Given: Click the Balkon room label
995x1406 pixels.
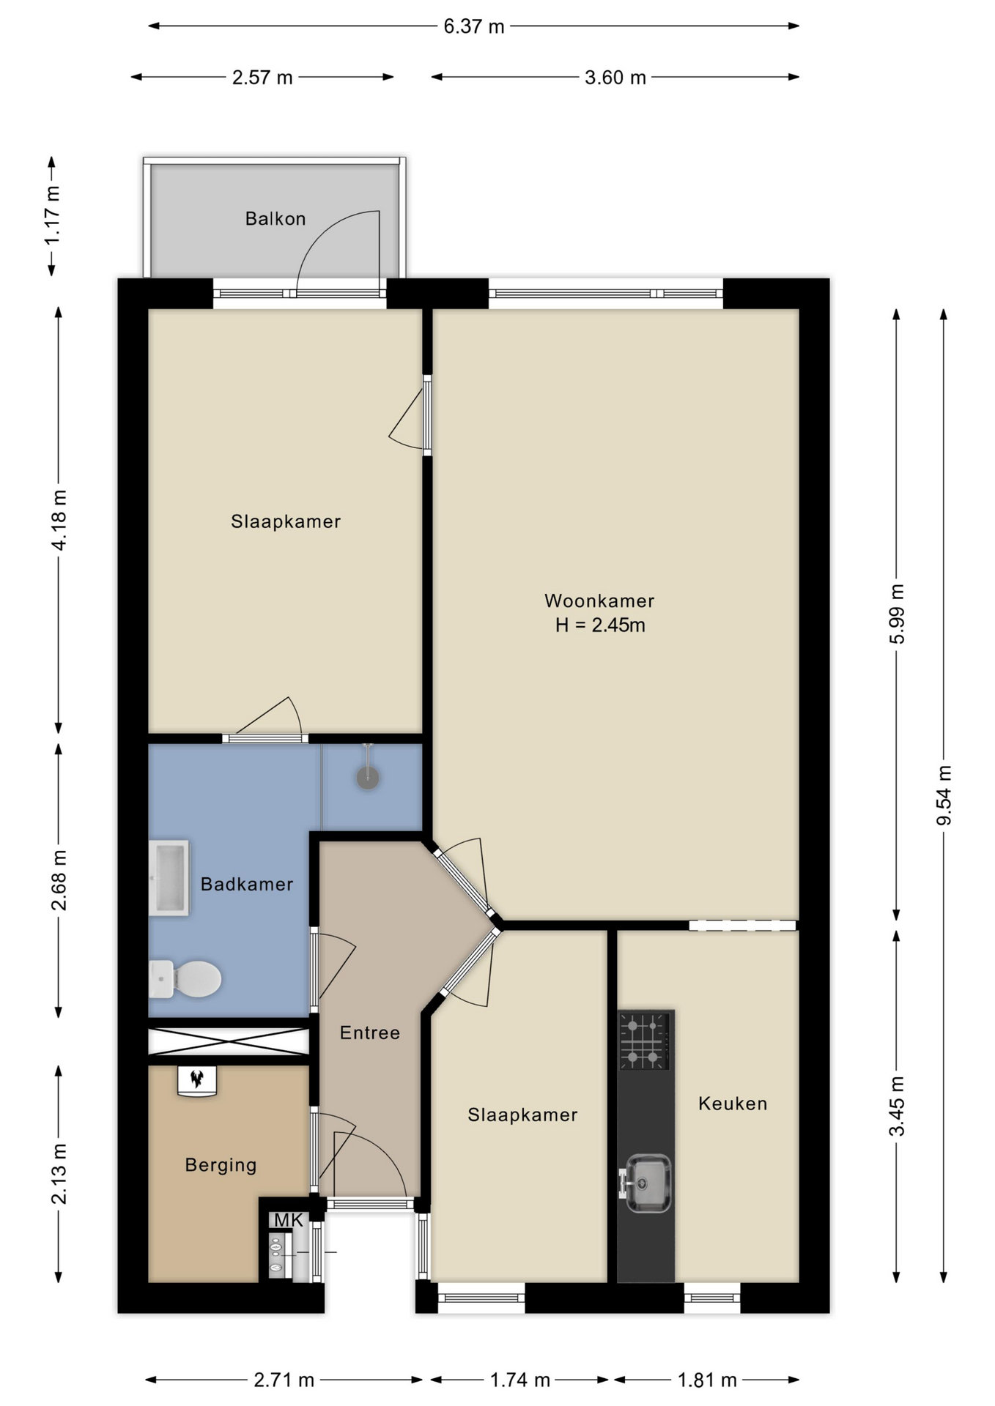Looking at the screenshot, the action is pyautogui.click(x=275, y=218).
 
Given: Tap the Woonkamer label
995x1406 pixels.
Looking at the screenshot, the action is pyautogui.click(x=599, y=600).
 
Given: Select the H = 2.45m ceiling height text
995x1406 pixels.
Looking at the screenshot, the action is pyautogui.click(x=600, y=625).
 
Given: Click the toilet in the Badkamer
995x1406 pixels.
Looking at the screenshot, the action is pyautogui.click(x=185, y=978).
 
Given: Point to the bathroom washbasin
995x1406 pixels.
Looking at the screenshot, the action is pyautogui.click(x=169, y=877).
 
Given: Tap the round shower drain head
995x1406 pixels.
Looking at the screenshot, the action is pyautogui.click(x=368, y=778).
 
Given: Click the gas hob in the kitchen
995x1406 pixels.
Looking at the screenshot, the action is pyautogui.click(x=645, y=1041).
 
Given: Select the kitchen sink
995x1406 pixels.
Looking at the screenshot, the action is pyautogui.click(x=645, y=1183).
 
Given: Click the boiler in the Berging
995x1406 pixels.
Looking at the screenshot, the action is pyautogui.click(x=197, y=1080).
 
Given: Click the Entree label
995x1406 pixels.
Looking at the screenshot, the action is pyautogui.click(x=370, y=1033).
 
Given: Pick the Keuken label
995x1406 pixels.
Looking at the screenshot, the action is pyautogui.click(x=733, y=1104).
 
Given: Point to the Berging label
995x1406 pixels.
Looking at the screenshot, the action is pyautogui.click(x=221, y=1165).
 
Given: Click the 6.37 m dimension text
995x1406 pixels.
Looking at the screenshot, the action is pyautogui.click(x=474, y=26).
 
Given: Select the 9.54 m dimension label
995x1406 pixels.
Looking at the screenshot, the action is pyautogui.click(x=944, y=795).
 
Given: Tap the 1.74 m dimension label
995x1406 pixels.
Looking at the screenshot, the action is pyautogui.click(x=519, y=1380).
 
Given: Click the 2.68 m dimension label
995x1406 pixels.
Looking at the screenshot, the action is pyautogui.click(x=59, y=880).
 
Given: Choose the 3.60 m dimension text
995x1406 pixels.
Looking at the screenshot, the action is pyautogui.click(x=615, y=77).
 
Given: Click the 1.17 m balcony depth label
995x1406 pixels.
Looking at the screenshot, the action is pyautogui.click(x=52, y=216).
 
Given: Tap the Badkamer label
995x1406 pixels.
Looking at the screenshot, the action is pyautogui.click(x=247, y=884).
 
